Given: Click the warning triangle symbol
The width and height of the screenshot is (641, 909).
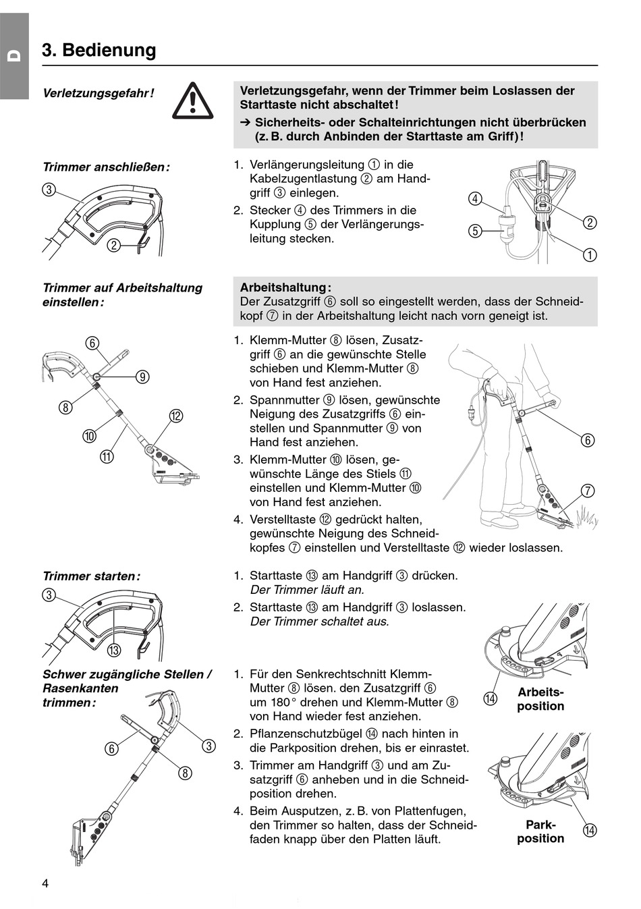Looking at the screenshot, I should [192, 101].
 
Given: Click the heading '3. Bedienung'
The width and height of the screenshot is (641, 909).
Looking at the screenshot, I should [99, 50].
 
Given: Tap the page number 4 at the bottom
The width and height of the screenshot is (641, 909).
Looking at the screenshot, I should [45, 883].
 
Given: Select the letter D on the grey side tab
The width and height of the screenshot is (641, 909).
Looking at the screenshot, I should [14, 57].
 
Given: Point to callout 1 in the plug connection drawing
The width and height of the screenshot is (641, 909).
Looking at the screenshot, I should [589, 254].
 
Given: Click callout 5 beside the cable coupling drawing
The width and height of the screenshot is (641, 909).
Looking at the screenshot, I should [475, 231].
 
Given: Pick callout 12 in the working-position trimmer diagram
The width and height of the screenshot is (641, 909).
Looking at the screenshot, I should [175, 416].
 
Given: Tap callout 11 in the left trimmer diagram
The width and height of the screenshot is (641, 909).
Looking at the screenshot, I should [107, 456].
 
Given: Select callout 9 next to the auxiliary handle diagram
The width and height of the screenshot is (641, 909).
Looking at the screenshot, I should [142, 377].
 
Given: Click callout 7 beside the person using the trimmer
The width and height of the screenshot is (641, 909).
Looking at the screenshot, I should [588, 491].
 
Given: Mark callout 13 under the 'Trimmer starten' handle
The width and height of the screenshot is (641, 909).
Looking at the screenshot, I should [113, 650].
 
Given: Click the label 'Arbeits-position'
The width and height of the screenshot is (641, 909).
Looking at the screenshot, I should [540, 699].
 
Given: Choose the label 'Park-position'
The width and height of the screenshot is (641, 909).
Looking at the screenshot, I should [540, 831].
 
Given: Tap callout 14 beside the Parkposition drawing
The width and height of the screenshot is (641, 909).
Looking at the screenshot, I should [589, 830].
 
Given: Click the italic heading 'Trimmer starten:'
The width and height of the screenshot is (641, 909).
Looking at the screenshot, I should [91, 576].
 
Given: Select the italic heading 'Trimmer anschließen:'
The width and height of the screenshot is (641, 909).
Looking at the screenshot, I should [106, 167].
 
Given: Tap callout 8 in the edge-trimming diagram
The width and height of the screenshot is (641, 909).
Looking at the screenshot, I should [185, 773].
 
